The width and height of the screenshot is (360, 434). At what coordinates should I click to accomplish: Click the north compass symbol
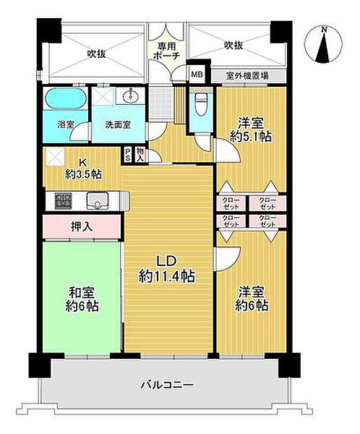[x=323, y=46]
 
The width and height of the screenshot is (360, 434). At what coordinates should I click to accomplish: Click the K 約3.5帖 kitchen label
[x=82, y=168]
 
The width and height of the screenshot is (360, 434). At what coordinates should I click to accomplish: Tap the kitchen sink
[x=95, y=200]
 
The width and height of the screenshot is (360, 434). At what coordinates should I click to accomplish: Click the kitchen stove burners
[x=58, y=200]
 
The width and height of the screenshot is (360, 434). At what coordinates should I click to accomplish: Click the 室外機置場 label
[x=249, y=74]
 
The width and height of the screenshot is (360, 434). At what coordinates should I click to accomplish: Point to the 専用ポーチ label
[x=167, y=53]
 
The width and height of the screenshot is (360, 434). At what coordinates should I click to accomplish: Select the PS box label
[x=128, y=153]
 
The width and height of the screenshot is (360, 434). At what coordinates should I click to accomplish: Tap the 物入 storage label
[x=140, y=153]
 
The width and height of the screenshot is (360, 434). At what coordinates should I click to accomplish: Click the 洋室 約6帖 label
[x=252, y=299]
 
